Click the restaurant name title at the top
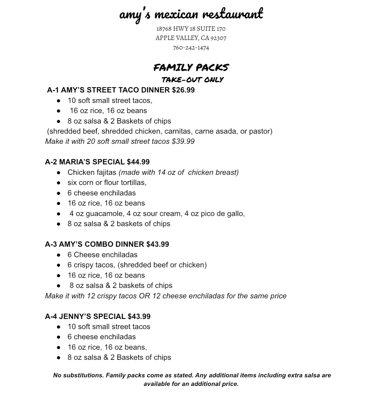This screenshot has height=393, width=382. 191,14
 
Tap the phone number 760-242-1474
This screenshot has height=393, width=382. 191,48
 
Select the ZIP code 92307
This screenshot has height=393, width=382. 218,38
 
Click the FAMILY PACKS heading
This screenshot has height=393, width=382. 191,67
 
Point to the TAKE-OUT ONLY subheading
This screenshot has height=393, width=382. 193,80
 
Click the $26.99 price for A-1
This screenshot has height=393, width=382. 183,90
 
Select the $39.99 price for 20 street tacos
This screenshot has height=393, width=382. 183,141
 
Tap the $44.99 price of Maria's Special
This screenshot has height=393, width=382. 138,162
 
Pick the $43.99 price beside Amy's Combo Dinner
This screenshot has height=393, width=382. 157,244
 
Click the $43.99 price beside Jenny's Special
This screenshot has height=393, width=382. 139,316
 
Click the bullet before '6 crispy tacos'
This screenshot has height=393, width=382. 59,265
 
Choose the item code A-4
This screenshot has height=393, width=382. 51,316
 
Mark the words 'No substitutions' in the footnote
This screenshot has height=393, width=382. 78,375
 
